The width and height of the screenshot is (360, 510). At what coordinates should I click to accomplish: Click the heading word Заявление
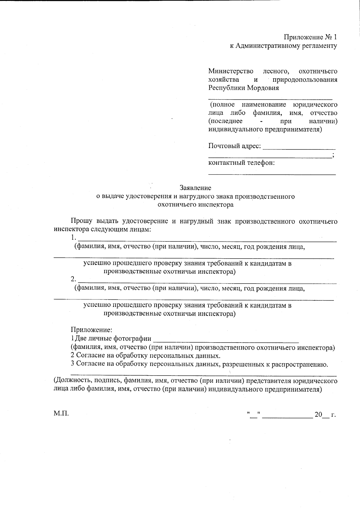click(195, 188)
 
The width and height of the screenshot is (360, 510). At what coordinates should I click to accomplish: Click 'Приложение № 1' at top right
click(310, 37)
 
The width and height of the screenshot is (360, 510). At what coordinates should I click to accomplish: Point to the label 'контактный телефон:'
click(241, 163)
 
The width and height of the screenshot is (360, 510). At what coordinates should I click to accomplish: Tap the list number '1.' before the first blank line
click(73, 238)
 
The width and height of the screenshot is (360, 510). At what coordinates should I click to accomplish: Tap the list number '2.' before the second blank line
click(73, 279)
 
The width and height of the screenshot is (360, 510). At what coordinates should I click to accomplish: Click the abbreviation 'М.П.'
click(61, 414)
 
